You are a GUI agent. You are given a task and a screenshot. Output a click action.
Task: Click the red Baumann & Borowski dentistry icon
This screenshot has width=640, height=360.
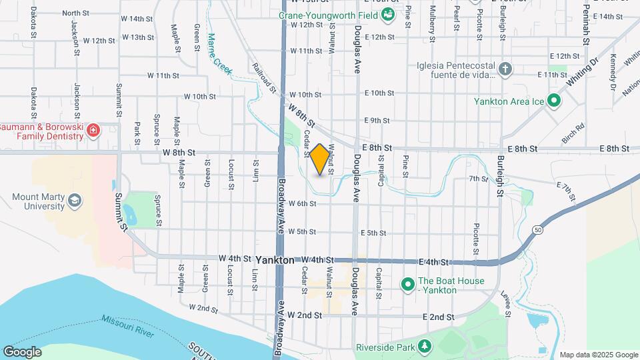click(x=93, y=129)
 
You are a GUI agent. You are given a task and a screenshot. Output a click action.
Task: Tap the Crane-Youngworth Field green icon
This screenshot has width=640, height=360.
click(x=388, y=14)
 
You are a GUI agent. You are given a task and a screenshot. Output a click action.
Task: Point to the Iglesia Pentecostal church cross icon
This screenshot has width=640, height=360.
click(x=506, y=69)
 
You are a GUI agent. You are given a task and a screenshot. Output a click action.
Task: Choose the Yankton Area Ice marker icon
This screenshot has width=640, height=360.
click(x=553, y=101)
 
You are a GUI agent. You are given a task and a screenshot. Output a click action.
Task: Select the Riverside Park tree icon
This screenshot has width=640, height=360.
click(x=423, y=347)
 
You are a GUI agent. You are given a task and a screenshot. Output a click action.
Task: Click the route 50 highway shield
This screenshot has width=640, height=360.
click(x=537, y=229)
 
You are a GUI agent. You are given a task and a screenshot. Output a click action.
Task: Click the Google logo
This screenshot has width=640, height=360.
click(x=22, y=351)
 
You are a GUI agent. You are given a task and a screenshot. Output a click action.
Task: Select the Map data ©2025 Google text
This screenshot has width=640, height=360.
click(x=598, y=355)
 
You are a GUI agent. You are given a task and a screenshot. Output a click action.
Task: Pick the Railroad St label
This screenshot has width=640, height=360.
click(x=264, y=78)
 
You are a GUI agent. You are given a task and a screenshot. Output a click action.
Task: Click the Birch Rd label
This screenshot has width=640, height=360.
click(x=573, y=127)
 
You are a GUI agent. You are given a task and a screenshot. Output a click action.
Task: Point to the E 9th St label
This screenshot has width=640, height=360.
click(x=377, y=121)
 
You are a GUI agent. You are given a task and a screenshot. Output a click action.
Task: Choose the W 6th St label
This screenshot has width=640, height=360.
click(x=302, y=203)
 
